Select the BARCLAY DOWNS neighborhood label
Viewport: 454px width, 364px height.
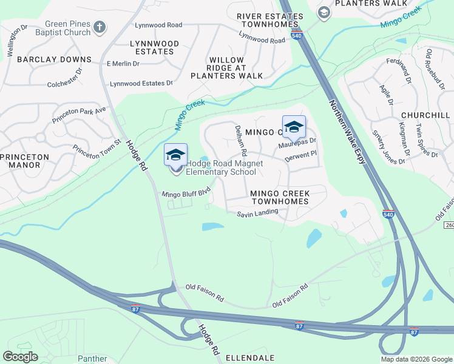(54, 59)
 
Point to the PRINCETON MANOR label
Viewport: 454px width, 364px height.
(24, 161)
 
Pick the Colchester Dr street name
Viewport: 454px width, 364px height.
(64, 85)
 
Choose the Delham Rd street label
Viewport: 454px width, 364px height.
(240, 140)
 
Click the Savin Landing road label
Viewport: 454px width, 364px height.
(257, 213)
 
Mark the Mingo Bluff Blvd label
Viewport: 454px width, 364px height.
(186, 193)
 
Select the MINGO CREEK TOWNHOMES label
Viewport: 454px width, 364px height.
(280, 197)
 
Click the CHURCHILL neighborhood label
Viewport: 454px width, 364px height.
(425, 115)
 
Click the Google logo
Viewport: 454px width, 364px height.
(20, 357)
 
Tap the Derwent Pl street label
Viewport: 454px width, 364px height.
(301, 156)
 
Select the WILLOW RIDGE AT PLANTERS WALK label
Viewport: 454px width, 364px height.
(226, 68)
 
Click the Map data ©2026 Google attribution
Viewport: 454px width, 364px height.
(416, 359)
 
